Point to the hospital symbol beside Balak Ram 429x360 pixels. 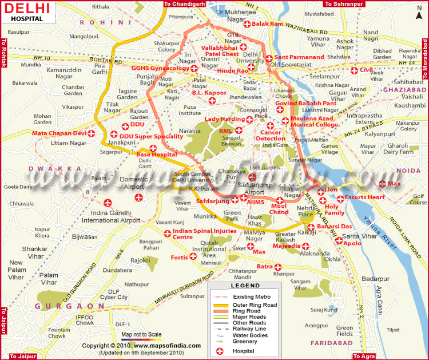pos(247,25)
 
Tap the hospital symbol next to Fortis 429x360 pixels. pos(193,257)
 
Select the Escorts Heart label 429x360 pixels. pos(369,198)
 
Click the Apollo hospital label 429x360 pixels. pos(352,243)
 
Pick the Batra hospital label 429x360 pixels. pos(264,267)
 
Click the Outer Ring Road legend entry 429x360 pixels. pos(254,305)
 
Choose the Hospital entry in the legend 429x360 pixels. pos(243,350)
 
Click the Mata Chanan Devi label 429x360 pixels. pos(59,133)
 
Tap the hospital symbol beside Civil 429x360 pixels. pos(355,70)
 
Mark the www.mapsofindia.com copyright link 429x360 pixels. pos(171,346)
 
